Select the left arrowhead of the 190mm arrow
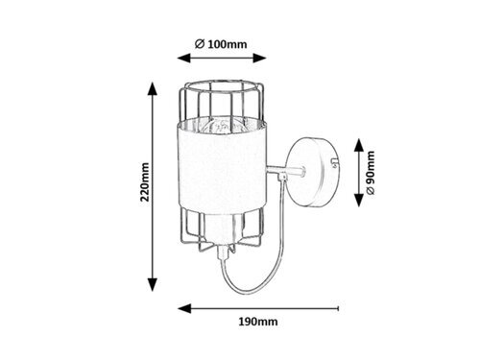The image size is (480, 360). [183, 308]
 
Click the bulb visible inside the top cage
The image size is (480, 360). [219, 126]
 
